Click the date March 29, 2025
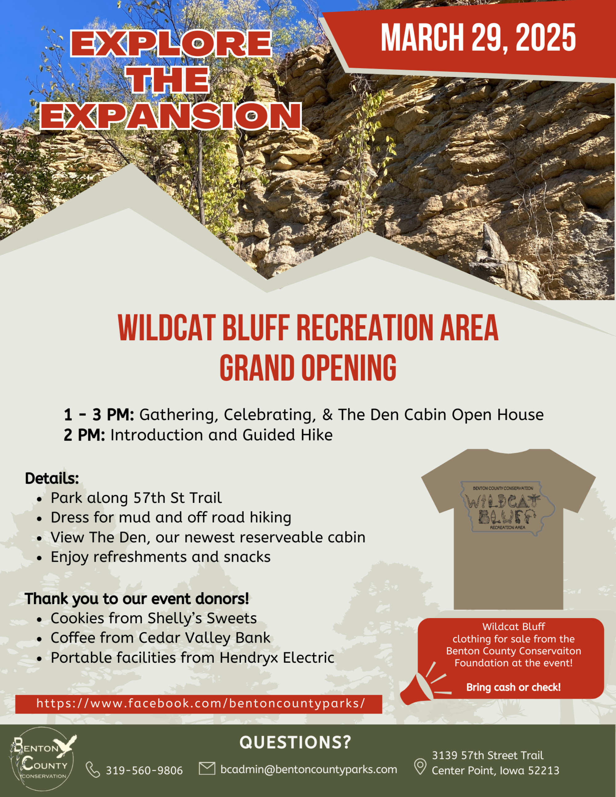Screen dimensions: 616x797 coord(478,38)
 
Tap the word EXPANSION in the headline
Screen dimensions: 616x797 coord(171,116)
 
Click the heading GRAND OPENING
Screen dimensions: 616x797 coord(308,367)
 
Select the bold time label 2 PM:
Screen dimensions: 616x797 coord(84,435)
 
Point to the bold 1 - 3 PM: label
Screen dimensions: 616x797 coord(99,415)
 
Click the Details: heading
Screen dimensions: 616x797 coord(52,479)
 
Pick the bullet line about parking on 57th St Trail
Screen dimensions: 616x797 coord(136,498)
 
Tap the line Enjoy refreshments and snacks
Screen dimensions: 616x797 coord(160,557)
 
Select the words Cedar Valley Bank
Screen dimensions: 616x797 coord(205,638)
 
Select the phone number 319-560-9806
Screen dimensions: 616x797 coord(144,770)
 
